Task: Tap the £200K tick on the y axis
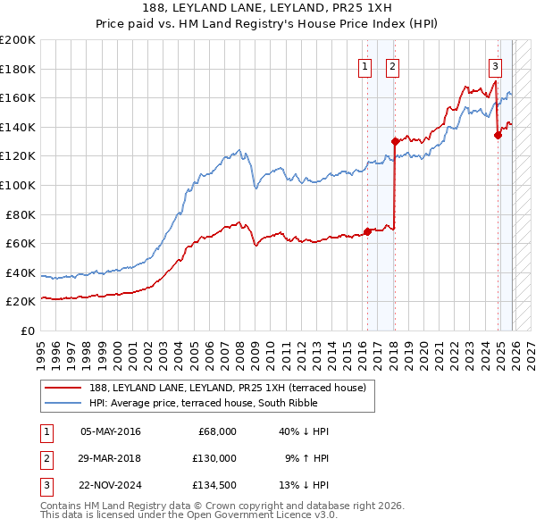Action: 18,40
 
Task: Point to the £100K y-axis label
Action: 18,185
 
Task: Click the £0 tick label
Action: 27,330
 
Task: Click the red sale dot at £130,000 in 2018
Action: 394,141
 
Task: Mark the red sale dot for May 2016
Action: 366,231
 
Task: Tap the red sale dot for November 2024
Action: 498,135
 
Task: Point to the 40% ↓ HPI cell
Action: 305,431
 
